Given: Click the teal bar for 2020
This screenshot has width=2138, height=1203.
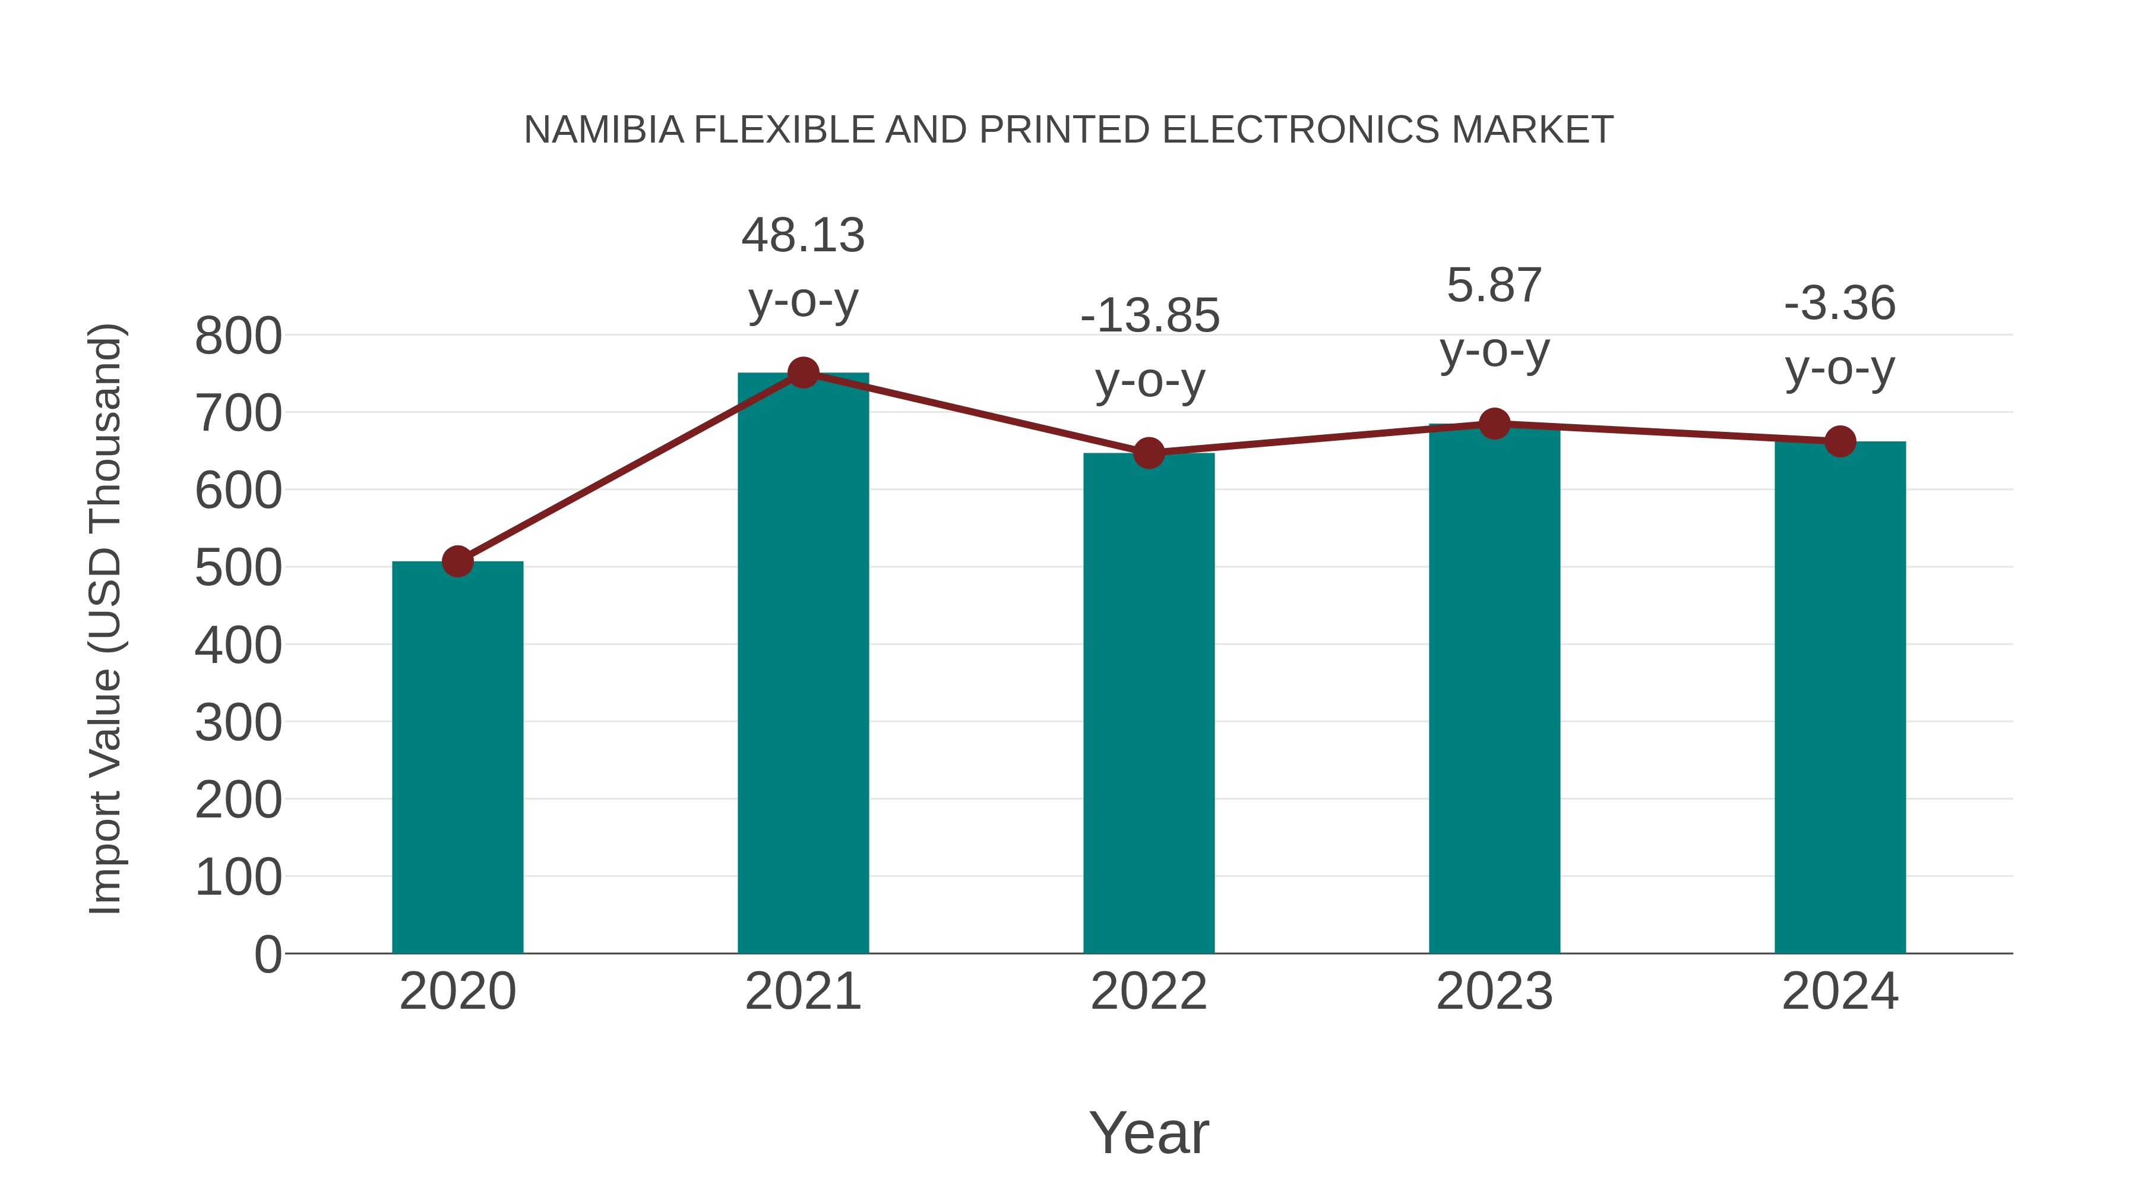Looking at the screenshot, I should click(457, 757).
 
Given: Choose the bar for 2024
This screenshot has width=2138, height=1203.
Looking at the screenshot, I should click(1840, 697).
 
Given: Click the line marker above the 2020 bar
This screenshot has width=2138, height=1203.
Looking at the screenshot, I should click(457, 561).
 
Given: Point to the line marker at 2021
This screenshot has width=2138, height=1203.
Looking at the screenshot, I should click(802, 372).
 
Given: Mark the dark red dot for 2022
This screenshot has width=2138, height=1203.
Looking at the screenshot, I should click(1149, 453).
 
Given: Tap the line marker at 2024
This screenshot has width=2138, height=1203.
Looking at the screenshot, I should click(1840, 441).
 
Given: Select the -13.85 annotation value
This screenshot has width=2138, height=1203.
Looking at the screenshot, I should click(1150, 315).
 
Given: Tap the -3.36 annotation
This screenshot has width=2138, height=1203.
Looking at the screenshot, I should click(1840, 303).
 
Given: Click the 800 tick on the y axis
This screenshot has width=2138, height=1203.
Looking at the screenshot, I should click(238, 336).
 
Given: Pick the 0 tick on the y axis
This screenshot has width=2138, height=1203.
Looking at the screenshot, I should click(267, 954).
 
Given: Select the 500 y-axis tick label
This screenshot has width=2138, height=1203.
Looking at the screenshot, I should click(238, 568).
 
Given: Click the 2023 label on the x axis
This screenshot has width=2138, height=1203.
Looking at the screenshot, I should click(1494, 992).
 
